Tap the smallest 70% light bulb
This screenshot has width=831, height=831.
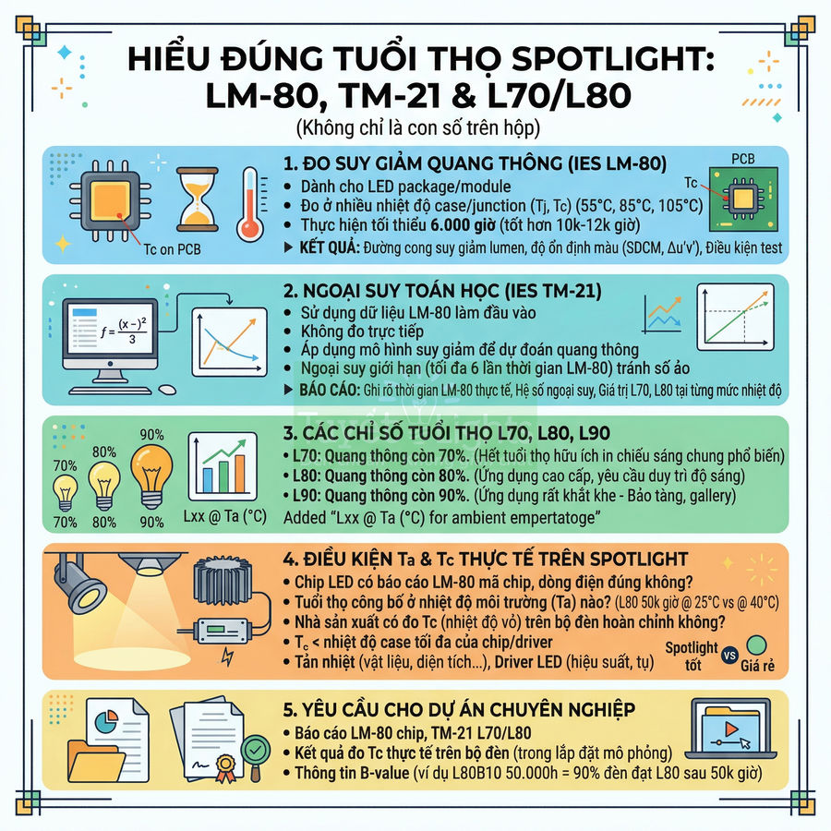[x=66, y=490]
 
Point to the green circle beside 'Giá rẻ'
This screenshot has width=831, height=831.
[x=756, y=644]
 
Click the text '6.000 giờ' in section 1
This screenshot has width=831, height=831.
[x=471, y=225]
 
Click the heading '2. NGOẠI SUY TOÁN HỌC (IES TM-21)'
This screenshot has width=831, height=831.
[x=442, y=292]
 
